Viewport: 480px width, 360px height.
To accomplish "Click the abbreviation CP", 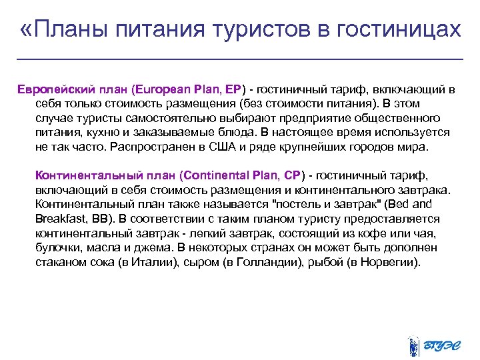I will point(292,177).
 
